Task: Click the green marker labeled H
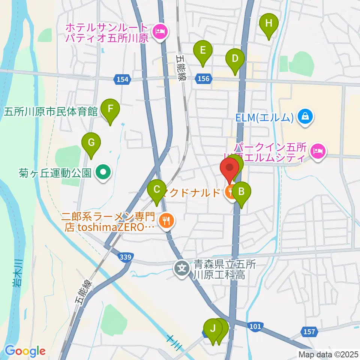coord(268,24)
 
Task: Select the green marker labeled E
coord(203,50)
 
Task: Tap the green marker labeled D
coord(235,59)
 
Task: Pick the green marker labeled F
coord(110,109)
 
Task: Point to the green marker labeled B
coord(241,192)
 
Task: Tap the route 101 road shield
coord(255,327)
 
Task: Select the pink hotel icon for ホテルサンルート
coord(160,32)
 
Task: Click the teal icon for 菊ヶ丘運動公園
coord(102,173)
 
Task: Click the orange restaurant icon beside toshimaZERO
coord(165,220)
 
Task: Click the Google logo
coord(25,351)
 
